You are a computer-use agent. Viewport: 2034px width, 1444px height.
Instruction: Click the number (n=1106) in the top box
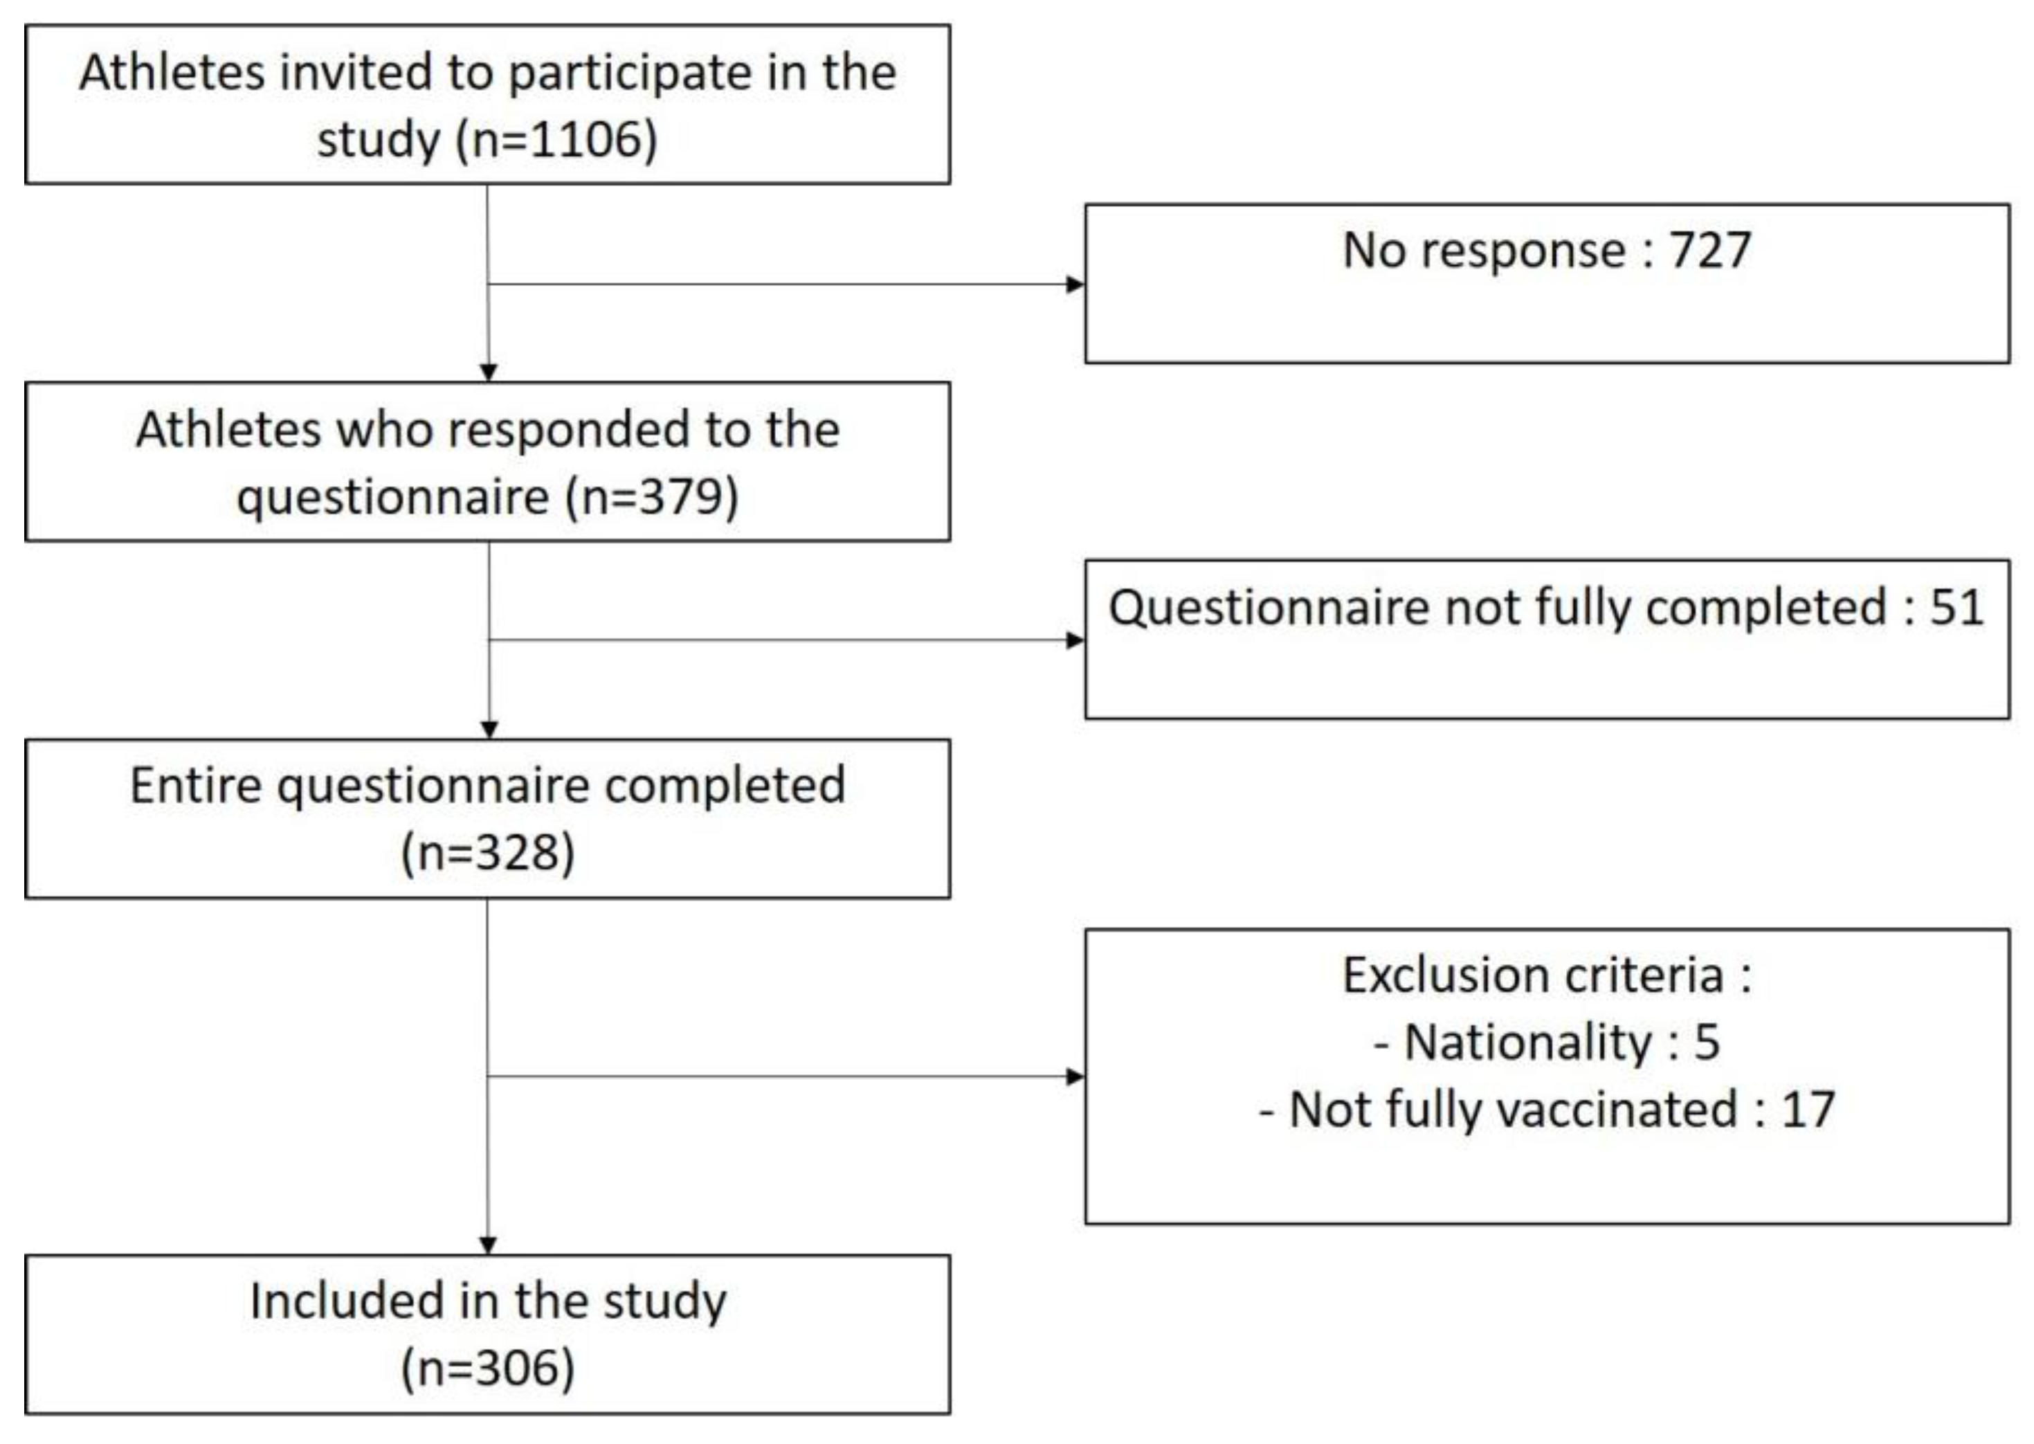tap(557, 141)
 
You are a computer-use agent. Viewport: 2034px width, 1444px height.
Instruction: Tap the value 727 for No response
tap(1709, 250)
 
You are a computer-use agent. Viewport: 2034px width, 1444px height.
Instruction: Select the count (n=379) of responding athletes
tap(652, 496)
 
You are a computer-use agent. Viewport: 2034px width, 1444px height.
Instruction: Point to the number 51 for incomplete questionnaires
tap(1956, 608)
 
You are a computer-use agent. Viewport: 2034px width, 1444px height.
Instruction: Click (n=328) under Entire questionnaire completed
tap(488, 853)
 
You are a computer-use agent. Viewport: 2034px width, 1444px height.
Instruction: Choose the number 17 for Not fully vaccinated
tap(1807, 1110)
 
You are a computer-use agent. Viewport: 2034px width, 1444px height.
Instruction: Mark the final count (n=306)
tap(488, 1368)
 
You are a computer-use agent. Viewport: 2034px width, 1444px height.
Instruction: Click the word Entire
tap(196, 786)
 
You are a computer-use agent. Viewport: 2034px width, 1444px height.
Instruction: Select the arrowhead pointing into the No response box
tap(1075, 285)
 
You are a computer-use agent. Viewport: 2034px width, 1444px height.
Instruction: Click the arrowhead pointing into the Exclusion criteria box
tap(1075, 1077)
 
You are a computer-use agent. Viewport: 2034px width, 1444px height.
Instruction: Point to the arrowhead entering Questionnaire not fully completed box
tap(1075, 640)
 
